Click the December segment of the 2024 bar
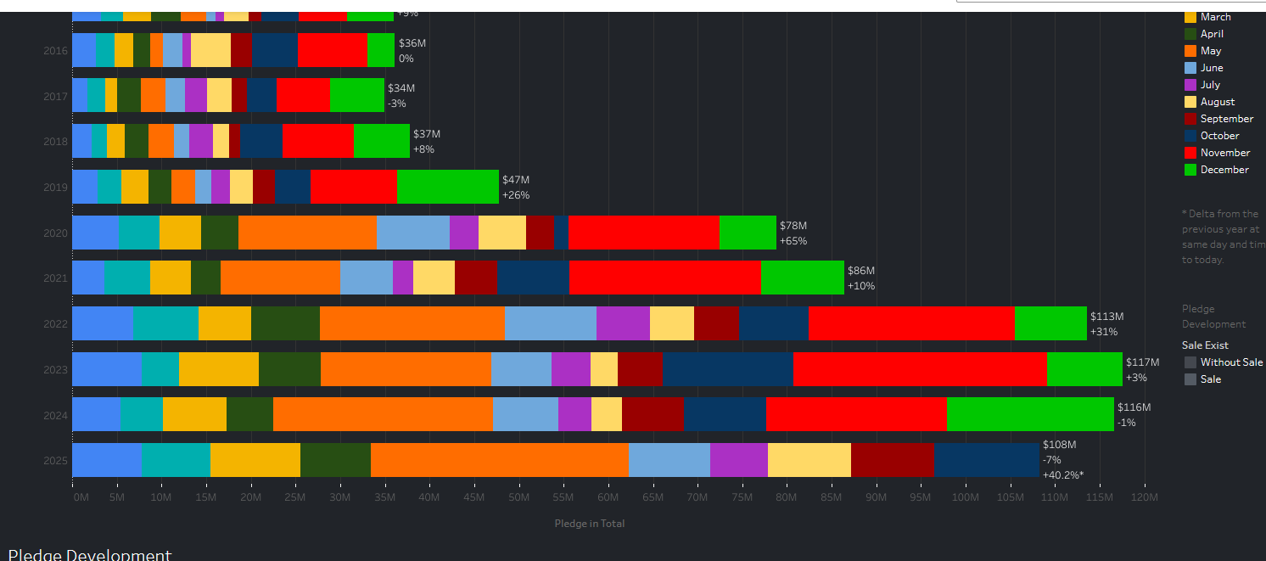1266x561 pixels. click(x=1029, y=414)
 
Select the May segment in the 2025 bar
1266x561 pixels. click(x=500, y=460)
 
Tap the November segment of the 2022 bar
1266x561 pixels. click(x=911, y=323)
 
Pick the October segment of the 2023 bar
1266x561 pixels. click(x=728, y=369)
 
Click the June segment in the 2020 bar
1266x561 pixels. click(x=412, y=233)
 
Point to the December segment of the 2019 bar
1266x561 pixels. click(x=447, y=187)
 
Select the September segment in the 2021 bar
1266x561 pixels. click(x=476, y=278)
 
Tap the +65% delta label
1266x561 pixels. click(x=793, y=241)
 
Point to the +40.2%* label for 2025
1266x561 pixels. click(x=1063, y=475)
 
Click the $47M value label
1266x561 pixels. click(x=516, y=180)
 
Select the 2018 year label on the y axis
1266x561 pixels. click(x=55, y=142)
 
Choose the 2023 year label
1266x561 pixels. click(x=55, y=370)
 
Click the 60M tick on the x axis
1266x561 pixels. click(x=608, y=497)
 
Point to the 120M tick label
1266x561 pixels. click(x=1145, y=497)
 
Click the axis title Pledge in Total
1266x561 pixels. click(x=590, y=524)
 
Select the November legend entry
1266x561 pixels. click(x=1224, y=153)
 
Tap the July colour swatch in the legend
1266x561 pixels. click(x=1190, y=85)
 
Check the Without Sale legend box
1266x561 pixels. click(x=1190, y=362)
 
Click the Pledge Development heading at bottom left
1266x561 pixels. click(x=90, y=555)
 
